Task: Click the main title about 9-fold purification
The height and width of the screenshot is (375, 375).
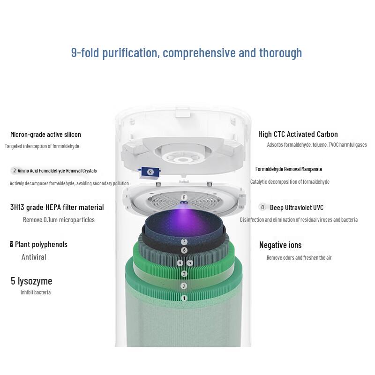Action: (187, 52)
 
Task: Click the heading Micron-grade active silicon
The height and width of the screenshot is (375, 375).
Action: (45, 135)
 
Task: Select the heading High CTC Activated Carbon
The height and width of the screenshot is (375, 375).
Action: (298, 135)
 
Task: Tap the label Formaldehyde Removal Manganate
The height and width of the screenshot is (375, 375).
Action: (288, 169)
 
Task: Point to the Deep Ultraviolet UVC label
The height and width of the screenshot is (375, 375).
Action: (296, 207)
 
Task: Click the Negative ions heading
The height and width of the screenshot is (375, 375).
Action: (280, 245)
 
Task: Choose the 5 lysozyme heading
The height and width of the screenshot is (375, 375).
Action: (31, 281)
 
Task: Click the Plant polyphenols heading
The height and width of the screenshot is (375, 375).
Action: (41, 244)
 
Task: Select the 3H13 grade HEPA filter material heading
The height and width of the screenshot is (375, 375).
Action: (57, 207)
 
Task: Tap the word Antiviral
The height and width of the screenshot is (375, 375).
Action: (34, 257)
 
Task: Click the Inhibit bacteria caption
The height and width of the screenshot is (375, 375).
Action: (36, 292)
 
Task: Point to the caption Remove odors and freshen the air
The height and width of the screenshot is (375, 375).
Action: (299, 258)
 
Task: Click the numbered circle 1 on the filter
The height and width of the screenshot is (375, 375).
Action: (184, 298)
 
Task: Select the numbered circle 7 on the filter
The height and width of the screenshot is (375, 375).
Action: (184, 241)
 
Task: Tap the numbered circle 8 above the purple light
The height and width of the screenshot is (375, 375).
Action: (184, 197)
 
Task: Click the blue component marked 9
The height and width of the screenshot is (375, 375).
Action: (150, 172)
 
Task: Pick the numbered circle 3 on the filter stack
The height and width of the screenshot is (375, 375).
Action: (184, 274)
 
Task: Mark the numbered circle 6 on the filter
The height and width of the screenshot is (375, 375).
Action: (184, 250)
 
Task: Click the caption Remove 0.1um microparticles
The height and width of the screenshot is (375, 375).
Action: (59, 220)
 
